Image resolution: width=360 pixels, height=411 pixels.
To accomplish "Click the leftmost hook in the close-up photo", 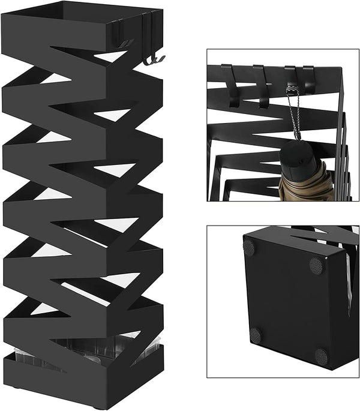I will [x=232, y=85].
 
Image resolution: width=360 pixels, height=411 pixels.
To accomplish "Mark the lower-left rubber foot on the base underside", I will [x=256, y=335].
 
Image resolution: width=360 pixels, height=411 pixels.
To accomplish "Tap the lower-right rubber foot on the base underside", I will [x=321, y=356].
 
